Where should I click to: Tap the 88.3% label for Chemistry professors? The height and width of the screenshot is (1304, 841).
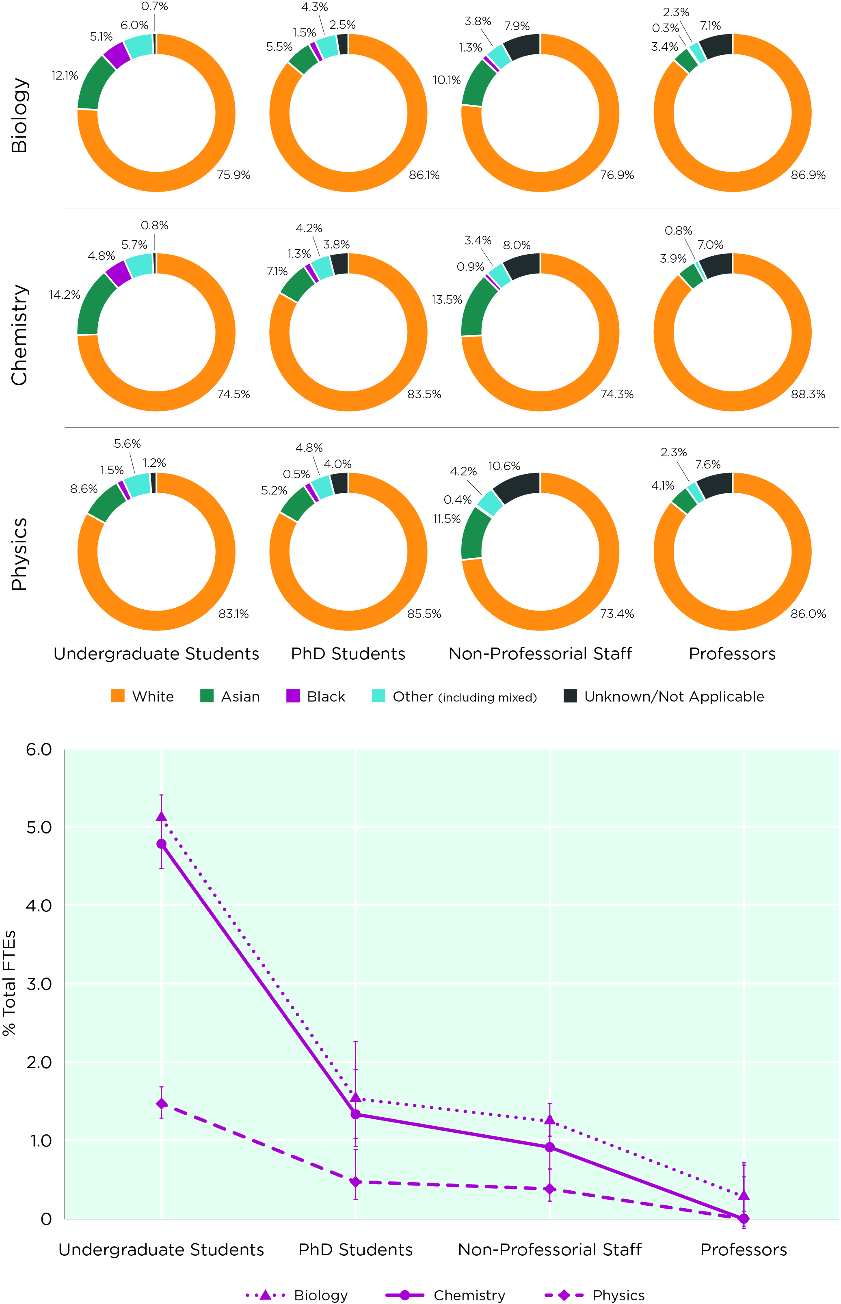click(x=808, y=394)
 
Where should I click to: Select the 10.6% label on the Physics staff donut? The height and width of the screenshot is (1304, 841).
click(x=504, y=466)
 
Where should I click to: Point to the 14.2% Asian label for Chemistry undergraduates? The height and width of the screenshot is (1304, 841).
click(x=65, y=295)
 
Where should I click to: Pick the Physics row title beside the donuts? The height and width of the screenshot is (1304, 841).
click(x=19, y=554)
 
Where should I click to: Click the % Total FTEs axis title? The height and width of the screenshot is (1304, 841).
click(x=9, y=982)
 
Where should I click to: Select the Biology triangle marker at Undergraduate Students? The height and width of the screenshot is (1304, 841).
click(x=161, y=816)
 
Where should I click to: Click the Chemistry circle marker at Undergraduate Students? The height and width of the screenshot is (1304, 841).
click(x=161, y=844)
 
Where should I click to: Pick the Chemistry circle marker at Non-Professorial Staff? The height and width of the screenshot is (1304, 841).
click(x=549, y=1147)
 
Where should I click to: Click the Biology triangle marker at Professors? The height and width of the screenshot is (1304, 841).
click(x=743, y=1195)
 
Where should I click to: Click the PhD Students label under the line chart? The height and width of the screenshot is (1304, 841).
click(x=355, y=1250)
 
